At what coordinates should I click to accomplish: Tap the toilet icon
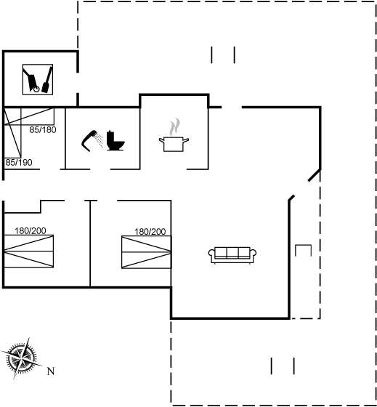115,141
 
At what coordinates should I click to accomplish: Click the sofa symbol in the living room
232,255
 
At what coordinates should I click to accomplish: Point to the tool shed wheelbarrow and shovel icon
38,79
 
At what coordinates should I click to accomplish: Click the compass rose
21,358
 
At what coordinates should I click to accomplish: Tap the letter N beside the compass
51,371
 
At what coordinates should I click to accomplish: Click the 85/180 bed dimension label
43,130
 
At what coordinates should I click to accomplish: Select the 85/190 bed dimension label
19,163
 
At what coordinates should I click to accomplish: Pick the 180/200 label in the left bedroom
31,231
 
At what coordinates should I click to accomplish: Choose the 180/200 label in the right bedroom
150,232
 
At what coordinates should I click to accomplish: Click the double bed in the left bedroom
28,251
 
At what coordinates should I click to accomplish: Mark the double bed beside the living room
146,252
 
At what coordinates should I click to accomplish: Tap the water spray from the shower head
99,140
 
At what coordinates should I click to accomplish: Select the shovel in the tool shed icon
47,80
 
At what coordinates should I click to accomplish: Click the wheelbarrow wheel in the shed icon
36,89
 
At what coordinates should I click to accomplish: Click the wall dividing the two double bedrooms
90,243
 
